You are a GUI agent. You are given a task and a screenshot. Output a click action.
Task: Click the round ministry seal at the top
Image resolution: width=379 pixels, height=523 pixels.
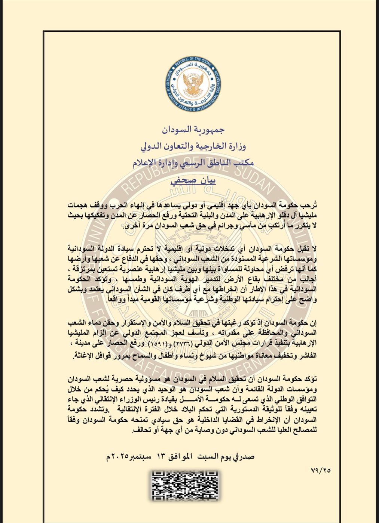click(193, 85)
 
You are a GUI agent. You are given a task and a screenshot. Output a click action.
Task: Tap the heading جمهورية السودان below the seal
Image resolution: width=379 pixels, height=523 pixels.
click(193, 130)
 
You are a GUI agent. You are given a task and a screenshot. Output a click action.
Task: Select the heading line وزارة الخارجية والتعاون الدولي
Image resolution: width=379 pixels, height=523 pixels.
click(193, 146)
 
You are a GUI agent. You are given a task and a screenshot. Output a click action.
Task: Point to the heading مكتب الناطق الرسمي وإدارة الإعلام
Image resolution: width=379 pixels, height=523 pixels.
click(193, 163)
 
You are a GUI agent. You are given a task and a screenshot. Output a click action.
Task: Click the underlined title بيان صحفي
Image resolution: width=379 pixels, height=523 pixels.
click(193, 180)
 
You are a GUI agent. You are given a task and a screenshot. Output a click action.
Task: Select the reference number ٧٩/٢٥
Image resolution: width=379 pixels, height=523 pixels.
click(321, 471)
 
